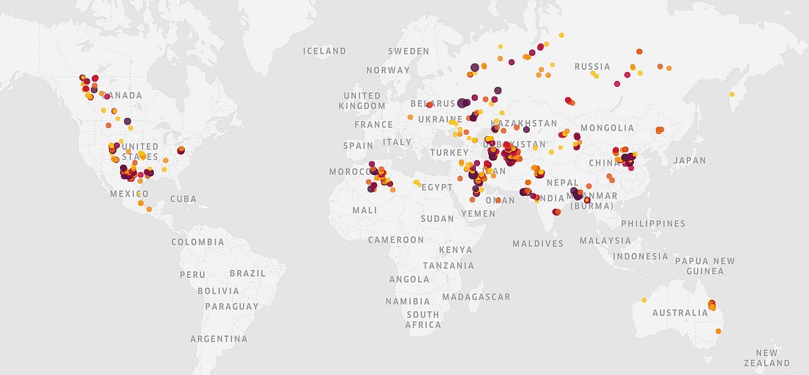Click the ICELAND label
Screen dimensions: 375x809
click(x=324, y=51)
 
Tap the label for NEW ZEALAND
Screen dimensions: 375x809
click(x=767, y=357)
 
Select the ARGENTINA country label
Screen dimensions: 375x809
click(x=218, y=339)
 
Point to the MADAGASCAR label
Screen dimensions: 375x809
click(x=477, y=297)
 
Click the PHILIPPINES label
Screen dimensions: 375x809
click(x=653, y=224)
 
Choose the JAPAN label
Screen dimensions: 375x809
click(x=689, y=161)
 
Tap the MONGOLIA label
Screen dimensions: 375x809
click(x=607, y=128)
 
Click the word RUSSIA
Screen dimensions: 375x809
click(x=592, y=67)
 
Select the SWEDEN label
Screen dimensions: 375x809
click(x=409, y=51)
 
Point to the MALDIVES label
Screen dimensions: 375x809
click(x=537, y=244)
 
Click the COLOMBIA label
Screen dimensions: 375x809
click(x=198, y=242)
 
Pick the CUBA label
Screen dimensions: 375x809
click(x=183, y=199)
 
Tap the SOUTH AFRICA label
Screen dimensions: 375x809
click(x=423, y=320)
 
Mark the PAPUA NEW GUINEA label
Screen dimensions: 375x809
click(x=705, y=266)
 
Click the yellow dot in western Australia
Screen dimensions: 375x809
click(x=644, y=300)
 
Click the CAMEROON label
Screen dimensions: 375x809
click(x=396, y=240)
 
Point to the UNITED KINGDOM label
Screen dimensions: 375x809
click(x=362, y=101)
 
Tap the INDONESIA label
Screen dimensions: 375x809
click(x=640, y=257)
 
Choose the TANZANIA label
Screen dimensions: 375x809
click(x=448, y=266)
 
